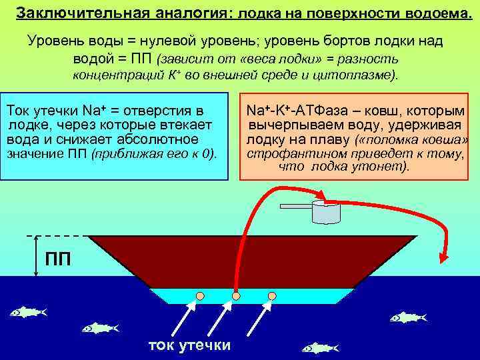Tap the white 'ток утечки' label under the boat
pos(189,345)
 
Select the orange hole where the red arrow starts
pos(235,295)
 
